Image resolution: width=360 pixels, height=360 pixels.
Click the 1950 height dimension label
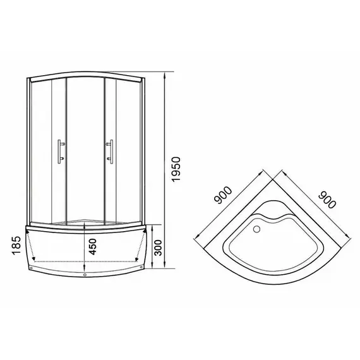coord(176,169)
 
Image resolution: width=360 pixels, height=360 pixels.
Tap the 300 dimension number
coord(158,248)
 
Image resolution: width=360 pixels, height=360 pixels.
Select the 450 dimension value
coord(92,246)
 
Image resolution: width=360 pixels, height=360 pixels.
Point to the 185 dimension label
coord(16,246)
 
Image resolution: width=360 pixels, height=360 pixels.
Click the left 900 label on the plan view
coord(223,195)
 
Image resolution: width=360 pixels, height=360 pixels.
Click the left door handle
coord(61,152)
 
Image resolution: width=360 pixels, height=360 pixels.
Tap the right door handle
coord(110,152)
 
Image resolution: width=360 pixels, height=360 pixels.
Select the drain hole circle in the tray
coord(256,229)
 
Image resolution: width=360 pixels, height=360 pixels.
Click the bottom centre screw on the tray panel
coord(85,275)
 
